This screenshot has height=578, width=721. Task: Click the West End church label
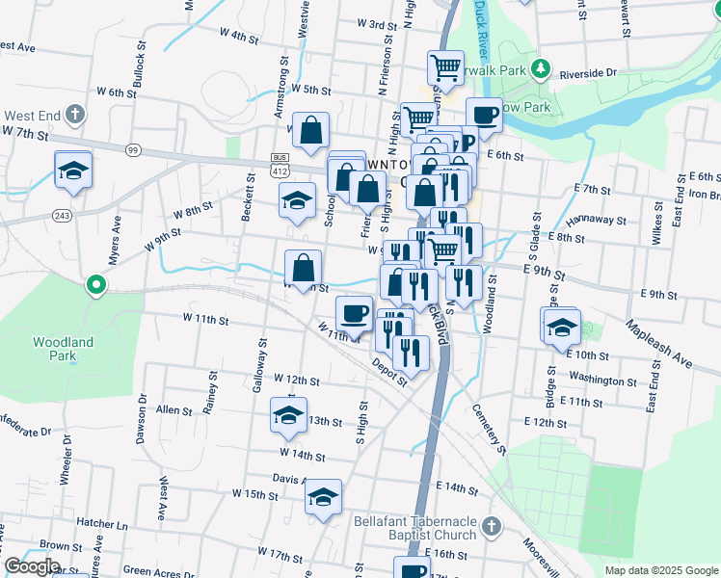tap(36, 116)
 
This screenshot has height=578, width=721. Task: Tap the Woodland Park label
tap(63, 349)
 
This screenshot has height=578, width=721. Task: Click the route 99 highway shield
tap(133, 149)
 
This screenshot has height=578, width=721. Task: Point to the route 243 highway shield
tap(62, 215)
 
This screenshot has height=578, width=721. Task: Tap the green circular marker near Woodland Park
tap(95, 284)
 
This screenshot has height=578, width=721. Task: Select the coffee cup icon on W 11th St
tap(354, 313)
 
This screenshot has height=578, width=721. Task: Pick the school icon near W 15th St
tap(322, 497)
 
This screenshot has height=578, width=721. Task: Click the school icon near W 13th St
tap(288, 415)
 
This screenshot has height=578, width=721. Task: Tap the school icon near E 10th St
tap(561, 327)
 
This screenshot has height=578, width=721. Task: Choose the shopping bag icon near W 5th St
tap(310, 130)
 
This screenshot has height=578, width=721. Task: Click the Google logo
tap(32, 566)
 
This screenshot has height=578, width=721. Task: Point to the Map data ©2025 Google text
tap(660, 570)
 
